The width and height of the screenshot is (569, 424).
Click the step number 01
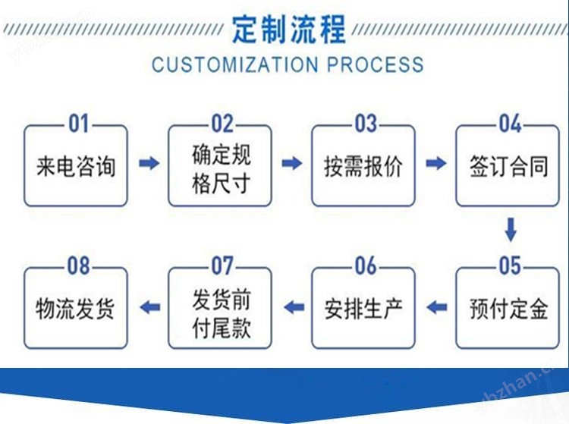click(x=78, y=124)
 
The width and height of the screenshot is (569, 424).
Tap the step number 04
click(x=511, y=124)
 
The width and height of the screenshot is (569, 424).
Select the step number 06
click(x=366, y=266)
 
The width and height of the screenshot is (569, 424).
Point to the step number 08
click(x=78, y=266)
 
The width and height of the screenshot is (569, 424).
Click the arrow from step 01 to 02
click(x=149, y=163)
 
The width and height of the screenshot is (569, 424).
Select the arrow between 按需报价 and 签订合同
click(x=435, y=163)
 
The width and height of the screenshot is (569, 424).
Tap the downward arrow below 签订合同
click(x=511, y=230)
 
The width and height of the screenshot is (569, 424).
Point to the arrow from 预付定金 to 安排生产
click(x=436, y=308)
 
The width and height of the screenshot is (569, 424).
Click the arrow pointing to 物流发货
click(x=149, y=308)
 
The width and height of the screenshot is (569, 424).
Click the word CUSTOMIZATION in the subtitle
click(x=235, y=64)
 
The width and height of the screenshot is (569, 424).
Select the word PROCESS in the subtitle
click(x=376, y=64)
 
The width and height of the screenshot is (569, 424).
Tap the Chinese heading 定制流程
click(x=289, y=30)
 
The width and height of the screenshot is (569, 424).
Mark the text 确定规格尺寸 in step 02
click(x=221, y=169)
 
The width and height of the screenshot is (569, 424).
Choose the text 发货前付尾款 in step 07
click(x=221, y=314)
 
